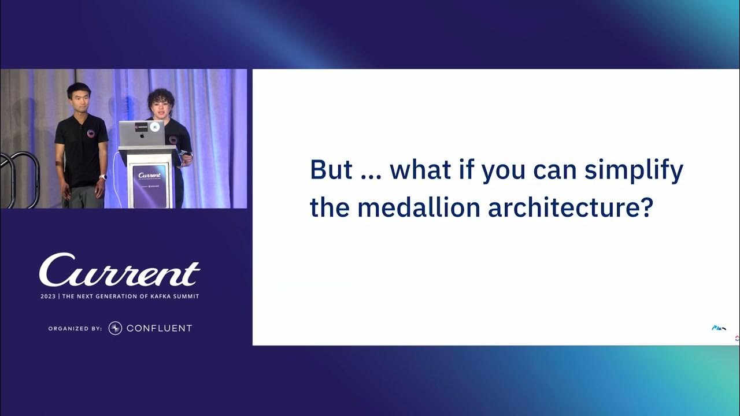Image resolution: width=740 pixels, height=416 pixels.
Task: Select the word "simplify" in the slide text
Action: (x=634, y=172)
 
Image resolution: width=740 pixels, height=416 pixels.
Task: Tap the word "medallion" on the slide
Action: (x=419, y=207)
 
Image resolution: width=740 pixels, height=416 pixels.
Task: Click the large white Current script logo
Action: (x=120, y=270)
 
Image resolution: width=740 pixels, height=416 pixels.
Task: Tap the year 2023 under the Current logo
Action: (x=48, y=296)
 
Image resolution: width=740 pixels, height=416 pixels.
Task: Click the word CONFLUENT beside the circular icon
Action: (x=159, y=328)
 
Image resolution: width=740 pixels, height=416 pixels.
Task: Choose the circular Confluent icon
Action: (x=115, y=328)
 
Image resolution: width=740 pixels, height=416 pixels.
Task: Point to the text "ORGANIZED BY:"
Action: (x=75, y=328)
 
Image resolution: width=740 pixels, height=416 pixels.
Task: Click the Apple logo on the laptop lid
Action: (x=142, y=136)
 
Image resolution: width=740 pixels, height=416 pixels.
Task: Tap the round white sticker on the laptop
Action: (x=154, y=127)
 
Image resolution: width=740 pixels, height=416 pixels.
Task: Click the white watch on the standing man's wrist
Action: (x=102, y=177)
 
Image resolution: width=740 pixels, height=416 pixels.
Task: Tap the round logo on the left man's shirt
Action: (x=91, y=133)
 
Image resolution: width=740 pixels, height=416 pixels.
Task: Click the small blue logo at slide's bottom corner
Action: (x=718, y=328)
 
